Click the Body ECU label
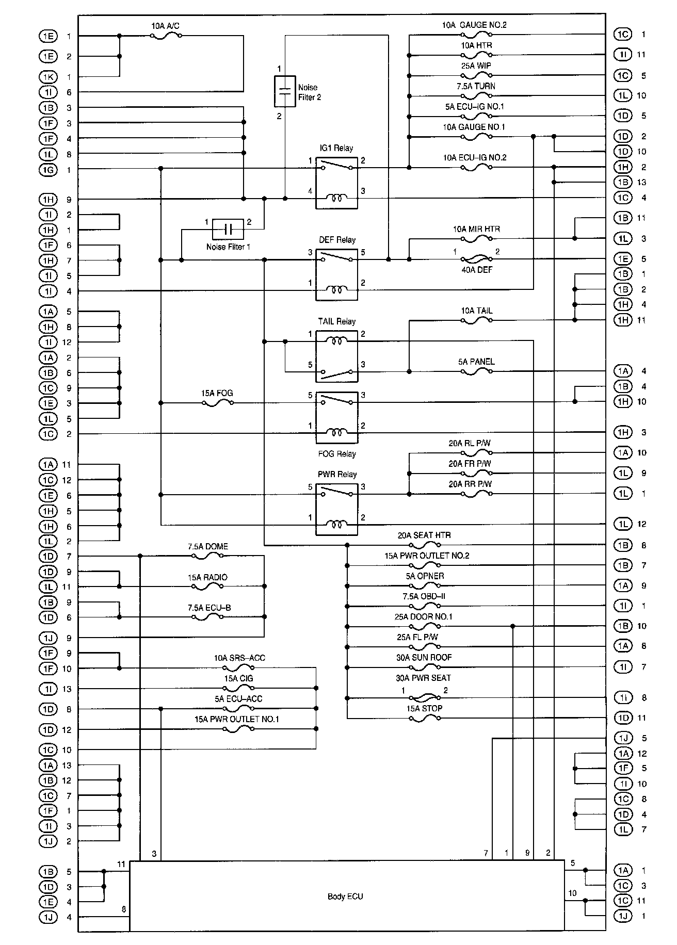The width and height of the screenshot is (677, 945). pyautogui.click(x=345, y=897)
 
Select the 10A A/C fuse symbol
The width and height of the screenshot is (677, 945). pyautogui.click(x=166, y=36)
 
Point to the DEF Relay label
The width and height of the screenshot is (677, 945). pyautogui.click(x=337, y=240)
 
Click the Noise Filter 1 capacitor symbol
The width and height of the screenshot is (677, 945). pyautogui.click(x=228, y=229)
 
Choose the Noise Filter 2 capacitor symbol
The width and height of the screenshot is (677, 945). pyautogui.click(x=285, y=91)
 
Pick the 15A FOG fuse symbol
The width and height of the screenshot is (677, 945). pyautogui.click(x=217, y=403)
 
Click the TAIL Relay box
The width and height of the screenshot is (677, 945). pyautogui.click(x=336, y=356)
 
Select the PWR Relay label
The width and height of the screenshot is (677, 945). pyautogui.click(x=337, y=475)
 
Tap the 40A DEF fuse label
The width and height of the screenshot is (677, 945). pyautogui.click(x=476, y=269)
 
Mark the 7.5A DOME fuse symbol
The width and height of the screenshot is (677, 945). pyautogui.click(x=207, y=556)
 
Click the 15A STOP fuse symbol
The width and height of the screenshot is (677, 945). pyautogui.click(x=424, y=718)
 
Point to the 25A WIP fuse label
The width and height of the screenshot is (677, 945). pyautogui.click(x=476, y=66)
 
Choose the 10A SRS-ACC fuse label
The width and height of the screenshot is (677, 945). pyautogui.click(x=239, y=658)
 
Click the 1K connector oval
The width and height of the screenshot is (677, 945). pyautogui.click(x=48, y=77)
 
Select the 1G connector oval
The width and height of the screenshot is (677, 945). pyautogui.click(x=48, y=169)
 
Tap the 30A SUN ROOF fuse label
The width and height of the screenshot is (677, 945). pyautogui.click(x=424, y=658)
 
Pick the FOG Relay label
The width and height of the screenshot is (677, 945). pyautogui.click(x=337, y=454)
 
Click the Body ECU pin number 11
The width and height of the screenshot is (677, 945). pyautogui.click(x=121, y=864)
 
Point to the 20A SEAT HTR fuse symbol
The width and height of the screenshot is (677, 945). pyautogui.click(x=424, y=545)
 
